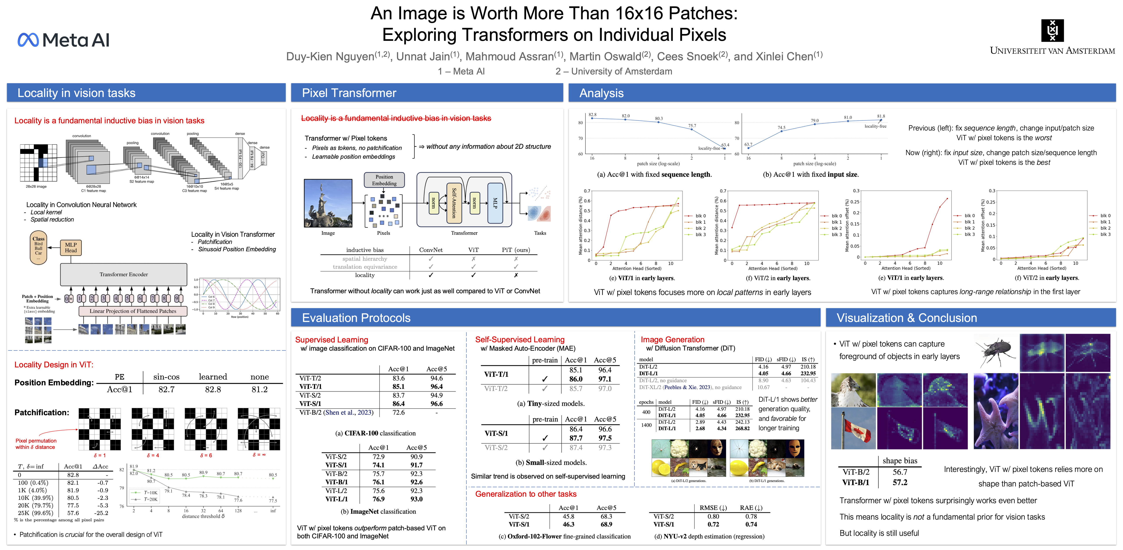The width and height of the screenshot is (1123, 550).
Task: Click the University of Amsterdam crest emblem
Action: click(1052, 31)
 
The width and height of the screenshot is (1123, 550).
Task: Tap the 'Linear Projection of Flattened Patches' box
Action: click(133, 311)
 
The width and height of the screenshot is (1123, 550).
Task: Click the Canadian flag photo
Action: click(853, 428)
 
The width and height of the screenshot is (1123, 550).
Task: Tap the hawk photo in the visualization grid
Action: click(853, 390)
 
